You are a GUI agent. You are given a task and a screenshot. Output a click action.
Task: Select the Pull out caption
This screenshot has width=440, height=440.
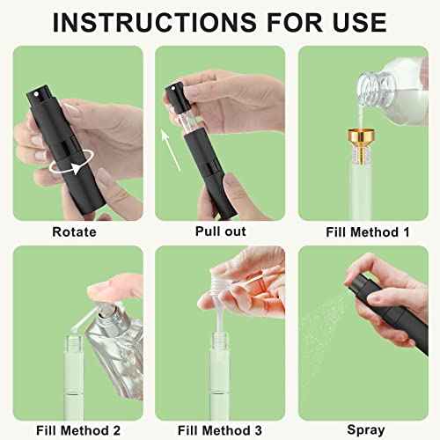(219, 232)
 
